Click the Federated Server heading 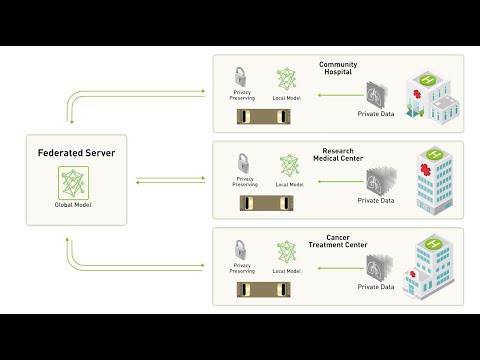tap(77, 153)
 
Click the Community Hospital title tap(338, 69)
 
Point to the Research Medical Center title tap(338, 155)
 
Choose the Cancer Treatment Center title tap(338, 241)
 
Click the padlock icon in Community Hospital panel tap(241, 77)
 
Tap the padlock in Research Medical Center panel tap(241, 162)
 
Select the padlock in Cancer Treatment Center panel tap(241, 249)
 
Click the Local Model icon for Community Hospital tap(288, 78)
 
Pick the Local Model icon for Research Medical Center tap(288, 164)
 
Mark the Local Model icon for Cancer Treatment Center tap(288, 250)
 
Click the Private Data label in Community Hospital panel tap(376, 115)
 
